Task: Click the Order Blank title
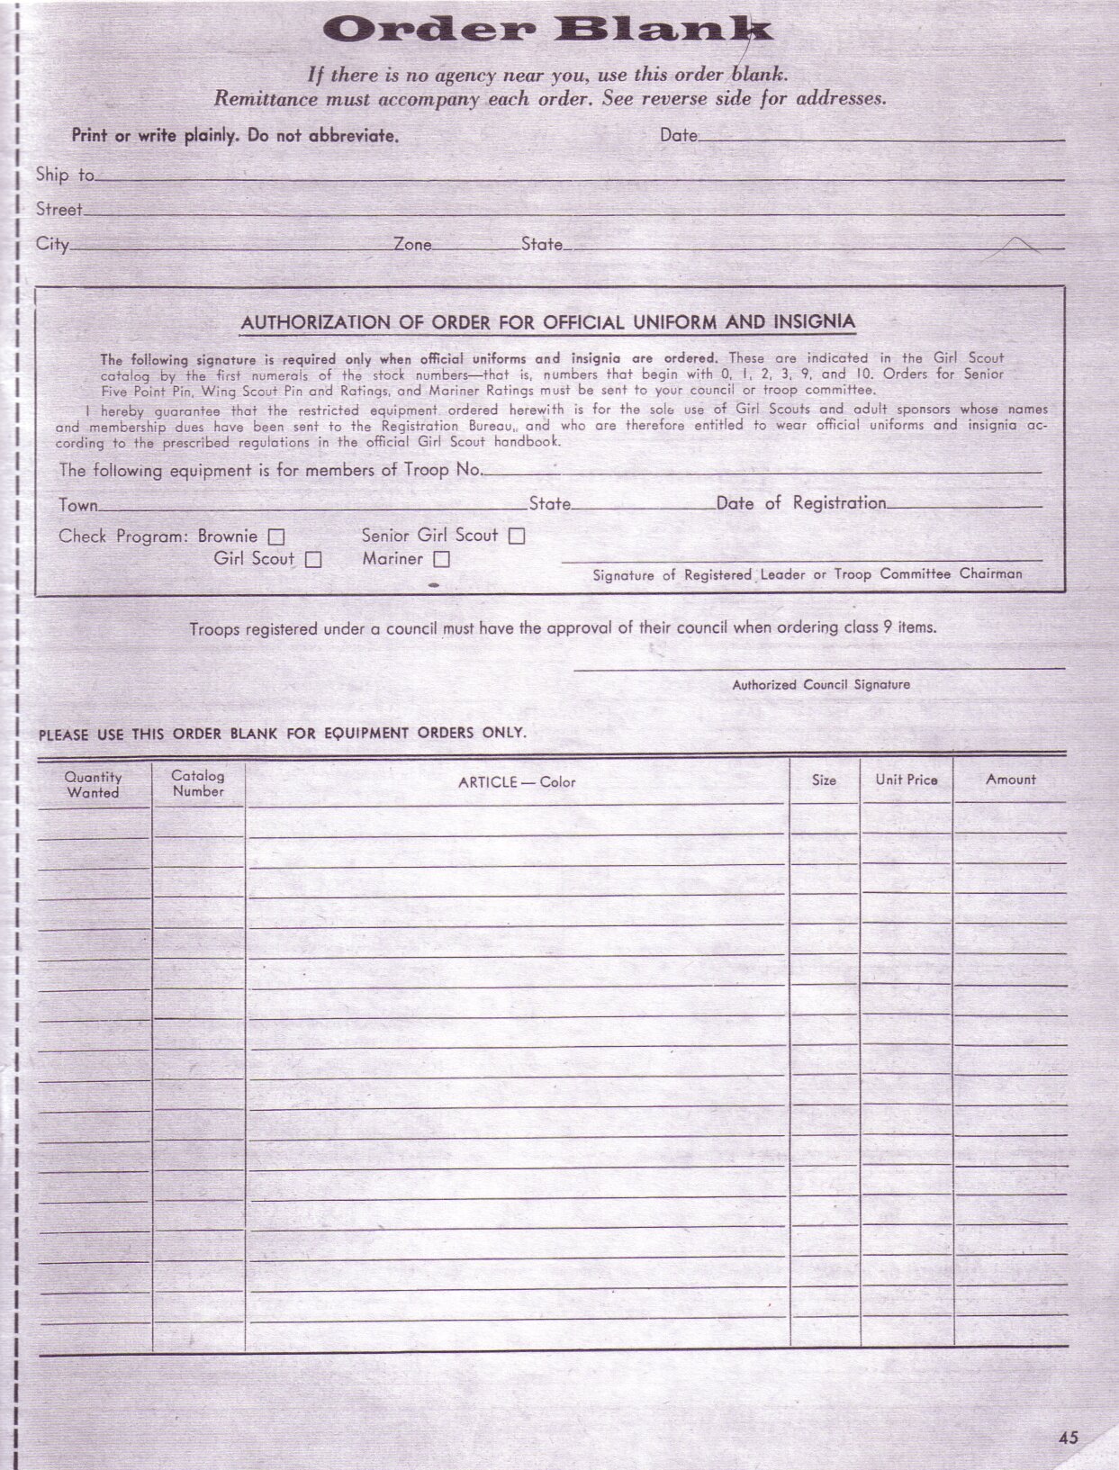pos(547,31)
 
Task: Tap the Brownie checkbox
pos(277,537)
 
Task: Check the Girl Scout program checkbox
pos(313,560)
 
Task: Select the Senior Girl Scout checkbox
pos(517,537)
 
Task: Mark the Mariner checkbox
pos(441,560)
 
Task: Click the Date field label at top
pos(679,135)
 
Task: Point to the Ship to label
pos(65,175)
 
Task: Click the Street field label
pos(59,210)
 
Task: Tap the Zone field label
pos(412,244)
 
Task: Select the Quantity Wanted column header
pos(93,784)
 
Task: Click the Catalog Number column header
pos(198,783)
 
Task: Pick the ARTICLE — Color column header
pos(517,782)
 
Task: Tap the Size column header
pos(824,780)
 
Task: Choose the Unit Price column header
pos(907,780)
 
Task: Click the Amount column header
pos(1010,780)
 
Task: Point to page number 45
pos(1068,1438)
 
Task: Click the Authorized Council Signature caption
pos(821,685)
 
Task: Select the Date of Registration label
pos(801,503)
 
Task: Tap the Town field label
pos(78,505)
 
